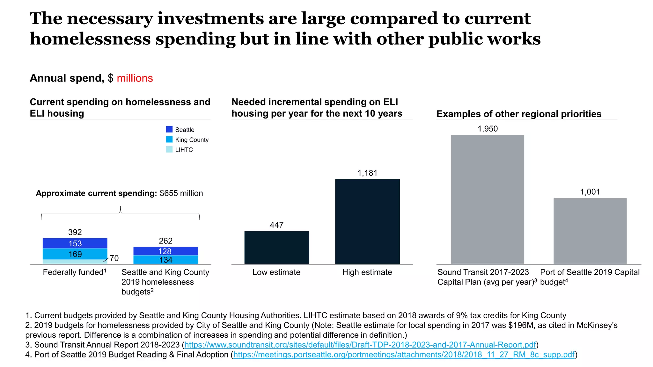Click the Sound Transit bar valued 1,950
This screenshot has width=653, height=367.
[488, 199]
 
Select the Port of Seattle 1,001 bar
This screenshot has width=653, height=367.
[590, 231]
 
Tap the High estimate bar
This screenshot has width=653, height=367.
[367, 221]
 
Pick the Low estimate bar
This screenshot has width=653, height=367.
[277, 248]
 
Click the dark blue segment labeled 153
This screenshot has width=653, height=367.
[75, 243]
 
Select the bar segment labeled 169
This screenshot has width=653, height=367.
[75, 254]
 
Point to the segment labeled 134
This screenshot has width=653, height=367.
[165, 260]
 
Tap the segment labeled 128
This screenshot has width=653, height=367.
[165, 251]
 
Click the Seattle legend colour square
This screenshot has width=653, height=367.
[169, 129]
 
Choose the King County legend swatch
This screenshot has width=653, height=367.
[169, 139]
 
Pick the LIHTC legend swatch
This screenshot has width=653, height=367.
[169, 149]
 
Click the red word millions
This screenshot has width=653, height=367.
[135, 78]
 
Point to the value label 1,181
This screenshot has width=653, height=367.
[367, 173]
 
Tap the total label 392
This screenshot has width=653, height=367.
[75, 232]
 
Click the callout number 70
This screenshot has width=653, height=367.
[114, 258]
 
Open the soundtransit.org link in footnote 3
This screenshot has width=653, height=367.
[360, 345]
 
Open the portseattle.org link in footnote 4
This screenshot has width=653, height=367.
[404, 355]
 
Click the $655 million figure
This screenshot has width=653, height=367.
[181, 193]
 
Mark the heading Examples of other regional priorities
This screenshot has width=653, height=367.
[519, 114]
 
